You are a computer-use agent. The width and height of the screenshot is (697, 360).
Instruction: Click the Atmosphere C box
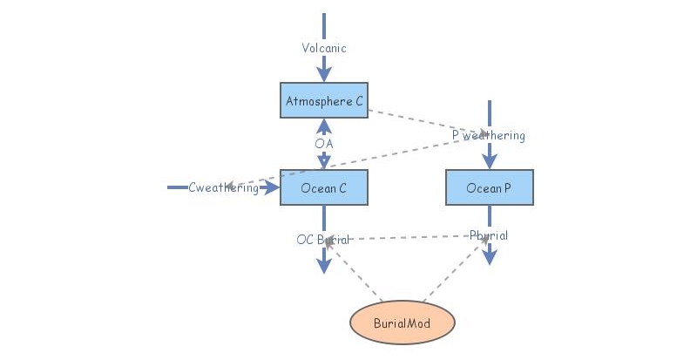323,101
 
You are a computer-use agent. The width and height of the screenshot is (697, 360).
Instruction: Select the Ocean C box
323,187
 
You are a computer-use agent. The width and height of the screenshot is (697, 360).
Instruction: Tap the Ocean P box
489,187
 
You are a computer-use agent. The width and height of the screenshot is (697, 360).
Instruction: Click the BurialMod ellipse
402,323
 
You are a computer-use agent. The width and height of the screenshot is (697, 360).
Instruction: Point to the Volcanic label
324,48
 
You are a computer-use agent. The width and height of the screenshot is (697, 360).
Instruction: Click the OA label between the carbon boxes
324,143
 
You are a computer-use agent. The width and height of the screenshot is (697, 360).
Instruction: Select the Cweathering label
223,187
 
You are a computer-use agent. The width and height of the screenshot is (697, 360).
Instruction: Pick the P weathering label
489,135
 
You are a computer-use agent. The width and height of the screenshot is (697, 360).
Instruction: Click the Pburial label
488,235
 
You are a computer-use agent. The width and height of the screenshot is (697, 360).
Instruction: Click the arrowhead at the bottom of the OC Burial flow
324,265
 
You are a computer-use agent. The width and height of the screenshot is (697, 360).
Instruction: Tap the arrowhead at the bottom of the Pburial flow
490,256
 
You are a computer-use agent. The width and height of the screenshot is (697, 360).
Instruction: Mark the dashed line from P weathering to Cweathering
366,161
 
